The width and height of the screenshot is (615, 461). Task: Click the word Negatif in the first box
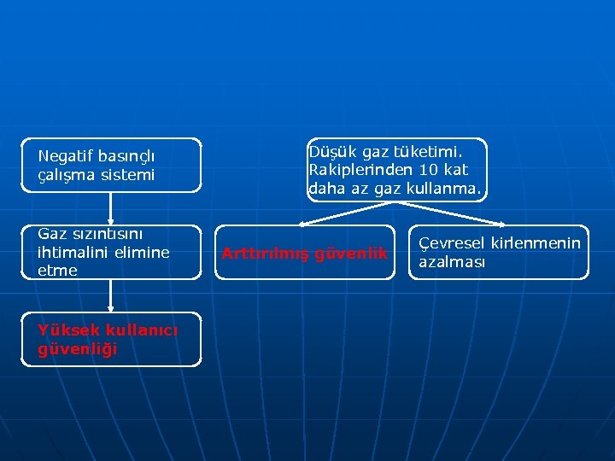point(67,156)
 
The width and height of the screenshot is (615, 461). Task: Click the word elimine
point(142,252)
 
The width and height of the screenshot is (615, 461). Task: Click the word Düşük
point(333,151)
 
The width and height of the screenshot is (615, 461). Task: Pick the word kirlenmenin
point(536,243)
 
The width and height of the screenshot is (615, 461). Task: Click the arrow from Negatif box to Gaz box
point(111,209)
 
